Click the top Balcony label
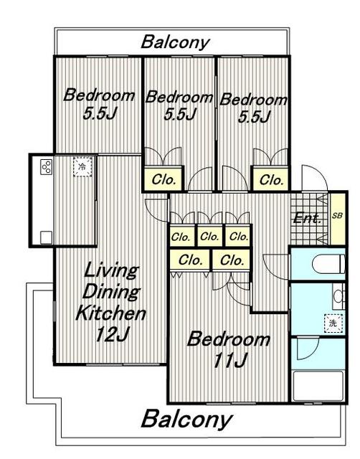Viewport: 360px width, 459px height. (175, 42)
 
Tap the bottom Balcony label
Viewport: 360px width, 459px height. (186, 419)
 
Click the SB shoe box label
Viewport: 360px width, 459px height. (337, 216)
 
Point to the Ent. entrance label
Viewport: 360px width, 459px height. (307, 218)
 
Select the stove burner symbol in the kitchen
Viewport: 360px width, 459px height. (46, 167)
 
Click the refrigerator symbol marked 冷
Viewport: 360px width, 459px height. (82, 167)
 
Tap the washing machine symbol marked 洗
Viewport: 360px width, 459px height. (333, 323)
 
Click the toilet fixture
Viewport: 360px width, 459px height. (328, 263)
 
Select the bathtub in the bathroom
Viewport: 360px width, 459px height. (318, 386)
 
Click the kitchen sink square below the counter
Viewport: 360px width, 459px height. (46, 237)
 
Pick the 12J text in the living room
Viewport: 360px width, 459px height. (111, 334)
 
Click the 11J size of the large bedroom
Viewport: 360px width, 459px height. (230, 360)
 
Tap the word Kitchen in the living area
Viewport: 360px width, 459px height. (110, 313)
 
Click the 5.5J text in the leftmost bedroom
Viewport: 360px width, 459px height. (100, 113)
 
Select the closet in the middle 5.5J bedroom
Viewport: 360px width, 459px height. (164, 179)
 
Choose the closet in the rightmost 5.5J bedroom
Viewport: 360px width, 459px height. (271, 179)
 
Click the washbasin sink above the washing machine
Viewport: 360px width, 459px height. (338, 296)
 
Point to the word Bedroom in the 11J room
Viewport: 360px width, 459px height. (228, 339)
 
